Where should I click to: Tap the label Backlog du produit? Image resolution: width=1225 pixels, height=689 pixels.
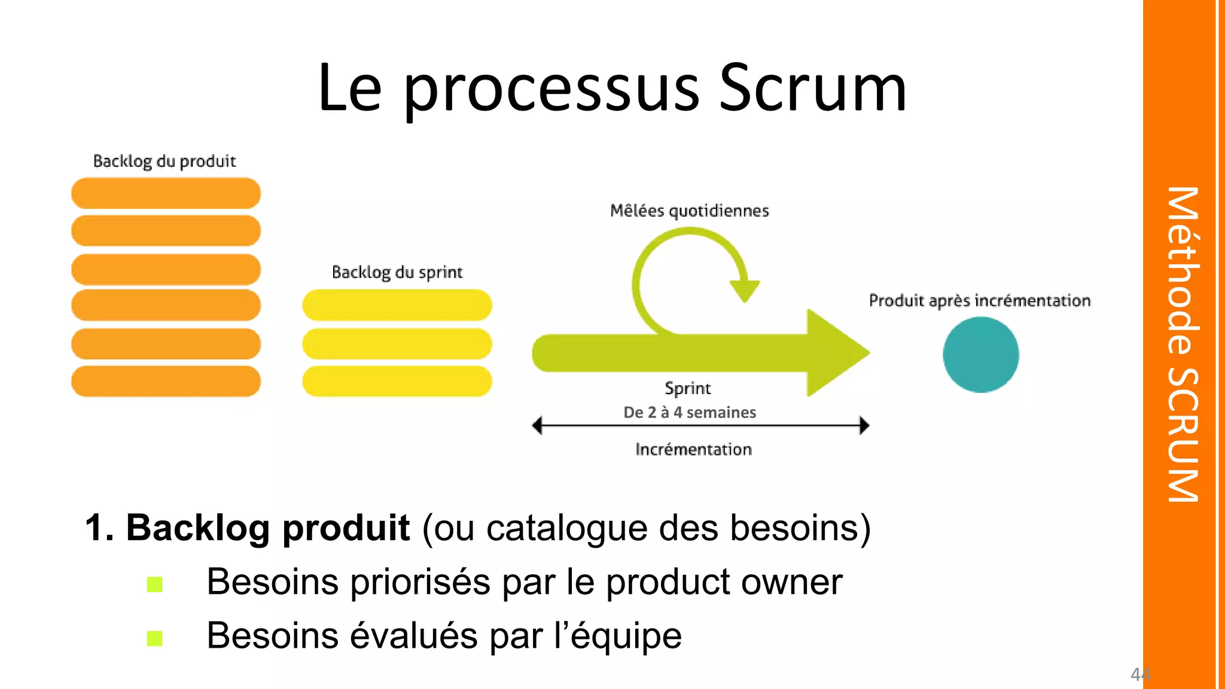coord(164,161)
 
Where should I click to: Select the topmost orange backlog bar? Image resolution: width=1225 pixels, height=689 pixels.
coord(166,193)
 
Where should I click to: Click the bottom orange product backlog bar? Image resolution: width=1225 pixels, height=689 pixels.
coord(166,381)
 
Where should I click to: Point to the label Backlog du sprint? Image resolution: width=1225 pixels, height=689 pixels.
coord(397,273)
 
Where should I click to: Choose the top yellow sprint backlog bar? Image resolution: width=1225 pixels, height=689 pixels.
coord(397,305)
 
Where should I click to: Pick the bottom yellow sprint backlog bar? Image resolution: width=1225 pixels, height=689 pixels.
coord(397,381)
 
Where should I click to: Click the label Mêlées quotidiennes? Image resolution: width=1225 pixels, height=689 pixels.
coord(689,211)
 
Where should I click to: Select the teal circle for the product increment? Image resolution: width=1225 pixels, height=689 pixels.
coord(980,355)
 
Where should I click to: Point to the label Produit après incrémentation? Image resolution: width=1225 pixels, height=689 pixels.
coord(980,300)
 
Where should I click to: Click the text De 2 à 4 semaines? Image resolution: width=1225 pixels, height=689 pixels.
coord(690,412)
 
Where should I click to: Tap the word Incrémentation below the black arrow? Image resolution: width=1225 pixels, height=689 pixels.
coord(693,449)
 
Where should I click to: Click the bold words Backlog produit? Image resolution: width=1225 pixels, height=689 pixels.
coord(267,528)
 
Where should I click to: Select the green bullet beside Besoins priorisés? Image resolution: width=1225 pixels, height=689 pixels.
coord(155,584)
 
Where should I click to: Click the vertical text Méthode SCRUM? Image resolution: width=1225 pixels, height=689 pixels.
coord(1183,344)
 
